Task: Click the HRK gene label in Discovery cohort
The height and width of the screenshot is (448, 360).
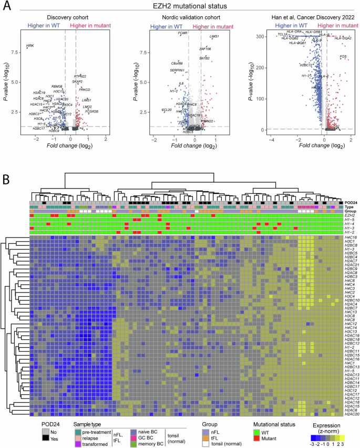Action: coord(30,46)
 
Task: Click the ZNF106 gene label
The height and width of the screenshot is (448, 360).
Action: coord(204,49)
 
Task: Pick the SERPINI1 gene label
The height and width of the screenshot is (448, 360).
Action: coord(177,70)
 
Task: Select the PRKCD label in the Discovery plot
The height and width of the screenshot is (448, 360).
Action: coord(85,90)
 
